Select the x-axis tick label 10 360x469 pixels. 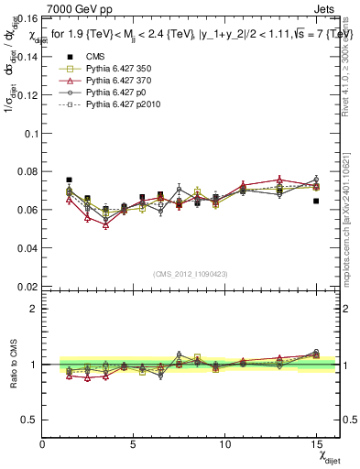[x=225, y=444]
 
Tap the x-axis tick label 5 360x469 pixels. [x=134, y=444]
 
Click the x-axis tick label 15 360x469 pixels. [x=316, y=444]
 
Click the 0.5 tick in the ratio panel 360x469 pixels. [x=29, y=420]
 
